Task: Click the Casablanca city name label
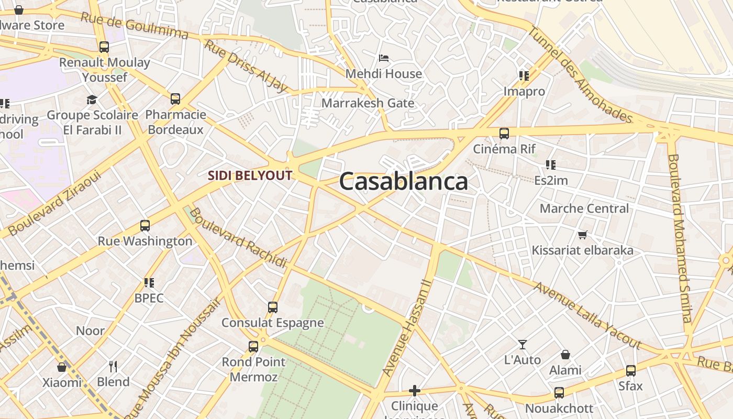403,182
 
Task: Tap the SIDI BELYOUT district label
250,175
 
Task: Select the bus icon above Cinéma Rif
504,134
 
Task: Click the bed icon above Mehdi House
384,58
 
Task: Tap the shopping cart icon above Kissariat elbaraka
582,235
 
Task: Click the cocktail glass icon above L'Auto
522,345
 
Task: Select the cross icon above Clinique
415,391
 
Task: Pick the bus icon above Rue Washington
145,226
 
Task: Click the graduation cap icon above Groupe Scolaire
92,100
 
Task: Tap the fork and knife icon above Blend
113,366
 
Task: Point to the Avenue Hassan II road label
406,328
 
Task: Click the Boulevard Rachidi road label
238,238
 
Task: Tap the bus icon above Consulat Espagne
272,307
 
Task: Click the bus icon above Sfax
630,371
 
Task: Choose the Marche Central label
584,208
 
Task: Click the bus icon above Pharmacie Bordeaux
175,99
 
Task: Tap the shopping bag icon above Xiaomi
62,367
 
